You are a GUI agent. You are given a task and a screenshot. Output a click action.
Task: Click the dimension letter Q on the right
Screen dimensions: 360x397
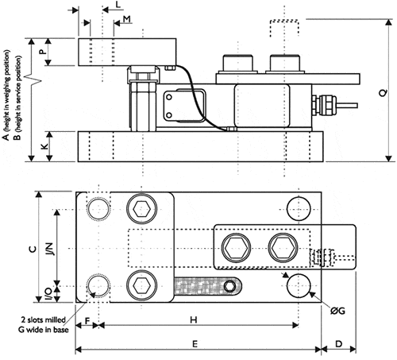(384, 92)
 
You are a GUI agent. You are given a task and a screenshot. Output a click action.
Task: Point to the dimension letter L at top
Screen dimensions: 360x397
(118, 5)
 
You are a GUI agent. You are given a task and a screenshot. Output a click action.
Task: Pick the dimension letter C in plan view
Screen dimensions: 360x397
(32, 247)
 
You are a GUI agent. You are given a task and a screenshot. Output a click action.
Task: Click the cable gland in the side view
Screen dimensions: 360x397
(326, 103)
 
